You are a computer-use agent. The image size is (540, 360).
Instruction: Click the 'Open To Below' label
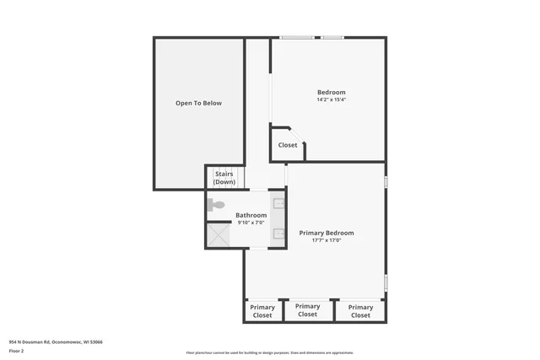click(198, 103)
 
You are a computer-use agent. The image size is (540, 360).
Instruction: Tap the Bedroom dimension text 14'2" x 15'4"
click(331, 99)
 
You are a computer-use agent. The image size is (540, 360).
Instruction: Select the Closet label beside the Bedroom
click(288, 145)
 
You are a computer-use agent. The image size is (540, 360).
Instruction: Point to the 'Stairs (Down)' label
click(224, 178)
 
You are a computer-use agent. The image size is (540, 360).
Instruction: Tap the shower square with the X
click(219, 234)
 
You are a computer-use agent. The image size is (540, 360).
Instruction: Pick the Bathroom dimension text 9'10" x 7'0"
click(251, 223)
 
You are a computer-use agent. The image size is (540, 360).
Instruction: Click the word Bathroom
click(251, 215)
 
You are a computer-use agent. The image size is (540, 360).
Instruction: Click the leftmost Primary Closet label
click(262, 311)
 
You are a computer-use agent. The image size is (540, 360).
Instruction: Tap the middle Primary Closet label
click(307, 310)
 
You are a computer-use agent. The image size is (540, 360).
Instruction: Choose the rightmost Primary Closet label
click(360, 311)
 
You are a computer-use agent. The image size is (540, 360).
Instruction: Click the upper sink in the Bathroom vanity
click(278, 203)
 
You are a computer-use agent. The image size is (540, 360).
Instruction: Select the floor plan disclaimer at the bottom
click(270, 352)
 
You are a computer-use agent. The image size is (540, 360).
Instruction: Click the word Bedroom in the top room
click(331, 92)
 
